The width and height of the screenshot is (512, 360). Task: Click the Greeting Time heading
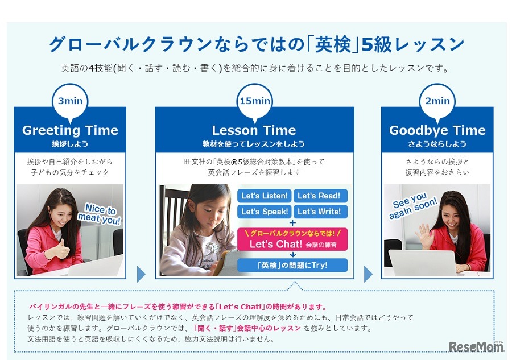point(70,130)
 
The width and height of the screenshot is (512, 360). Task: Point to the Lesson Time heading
point(254,130)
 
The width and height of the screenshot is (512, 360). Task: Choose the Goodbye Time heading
point(437,130)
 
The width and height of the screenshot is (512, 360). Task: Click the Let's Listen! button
point(265,196)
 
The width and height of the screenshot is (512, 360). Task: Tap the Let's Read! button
point(320,196)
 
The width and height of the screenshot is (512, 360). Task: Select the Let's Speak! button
point(265,212)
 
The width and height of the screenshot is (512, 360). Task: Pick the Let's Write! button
point(320,212)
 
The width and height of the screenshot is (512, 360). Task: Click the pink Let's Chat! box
point(292,239)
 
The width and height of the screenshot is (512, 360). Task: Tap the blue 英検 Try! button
point(292,266)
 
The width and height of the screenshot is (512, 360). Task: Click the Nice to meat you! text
point(100,214)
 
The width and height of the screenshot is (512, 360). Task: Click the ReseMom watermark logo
point(476,346)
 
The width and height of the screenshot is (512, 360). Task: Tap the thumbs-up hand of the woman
point(62,249)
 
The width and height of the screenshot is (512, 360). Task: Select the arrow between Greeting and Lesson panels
point(141,274)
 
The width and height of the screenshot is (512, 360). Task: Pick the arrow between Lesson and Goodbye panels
point(368,274)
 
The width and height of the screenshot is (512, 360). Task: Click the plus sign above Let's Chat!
point(292,223)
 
